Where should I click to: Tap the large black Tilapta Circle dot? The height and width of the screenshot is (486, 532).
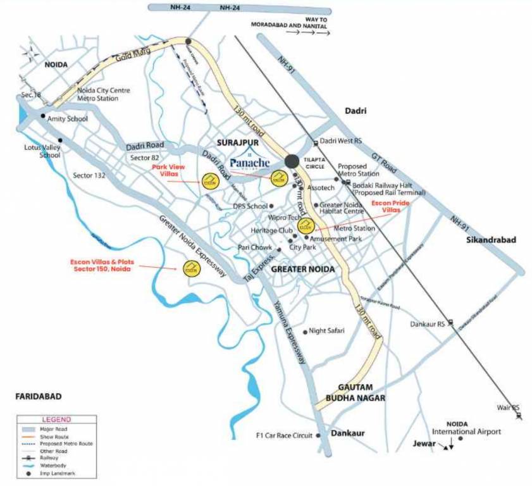(292, 161)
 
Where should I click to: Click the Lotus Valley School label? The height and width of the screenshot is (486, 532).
(41, 151)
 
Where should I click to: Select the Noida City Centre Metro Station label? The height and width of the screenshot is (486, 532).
(103, 94)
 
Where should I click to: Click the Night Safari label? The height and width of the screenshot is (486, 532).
(326, 331)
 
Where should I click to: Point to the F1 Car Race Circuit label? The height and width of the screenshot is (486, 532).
(284, 435)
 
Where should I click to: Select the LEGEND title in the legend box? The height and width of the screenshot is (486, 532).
(56, 420)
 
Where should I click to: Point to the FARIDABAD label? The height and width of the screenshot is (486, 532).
(38, 396)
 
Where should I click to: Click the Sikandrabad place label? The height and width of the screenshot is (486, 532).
(491, 240)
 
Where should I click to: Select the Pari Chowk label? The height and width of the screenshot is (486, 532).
(255, 247)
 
